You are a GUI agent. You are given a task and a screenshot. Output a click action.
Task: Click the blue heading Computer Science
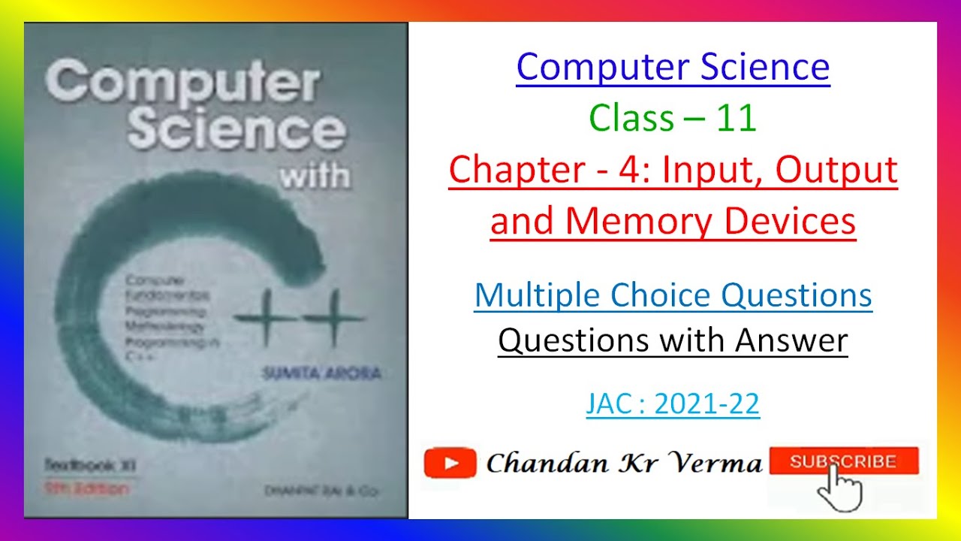click(673, 67)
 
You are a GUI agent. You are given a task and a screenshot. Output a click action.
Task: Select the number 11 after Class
click(736, 119)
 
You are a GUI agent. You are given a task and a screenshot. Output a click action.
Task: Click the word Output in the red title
click(836, 170)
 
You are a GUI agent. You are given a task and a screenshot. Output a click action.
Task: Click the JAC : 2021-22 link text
click(673, 404)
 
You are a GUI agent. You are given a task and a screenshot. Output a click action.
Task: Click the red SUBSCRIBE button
click(843, 461)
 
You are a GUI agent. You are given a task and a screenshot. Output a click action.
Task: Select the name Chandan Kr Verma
click(623, 463)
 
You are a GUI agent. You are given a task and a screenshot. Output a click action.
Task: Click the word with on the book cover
click(315, 175)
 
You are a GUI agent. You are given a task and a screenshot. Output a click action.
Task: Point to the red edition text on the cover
click(86, 488)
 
